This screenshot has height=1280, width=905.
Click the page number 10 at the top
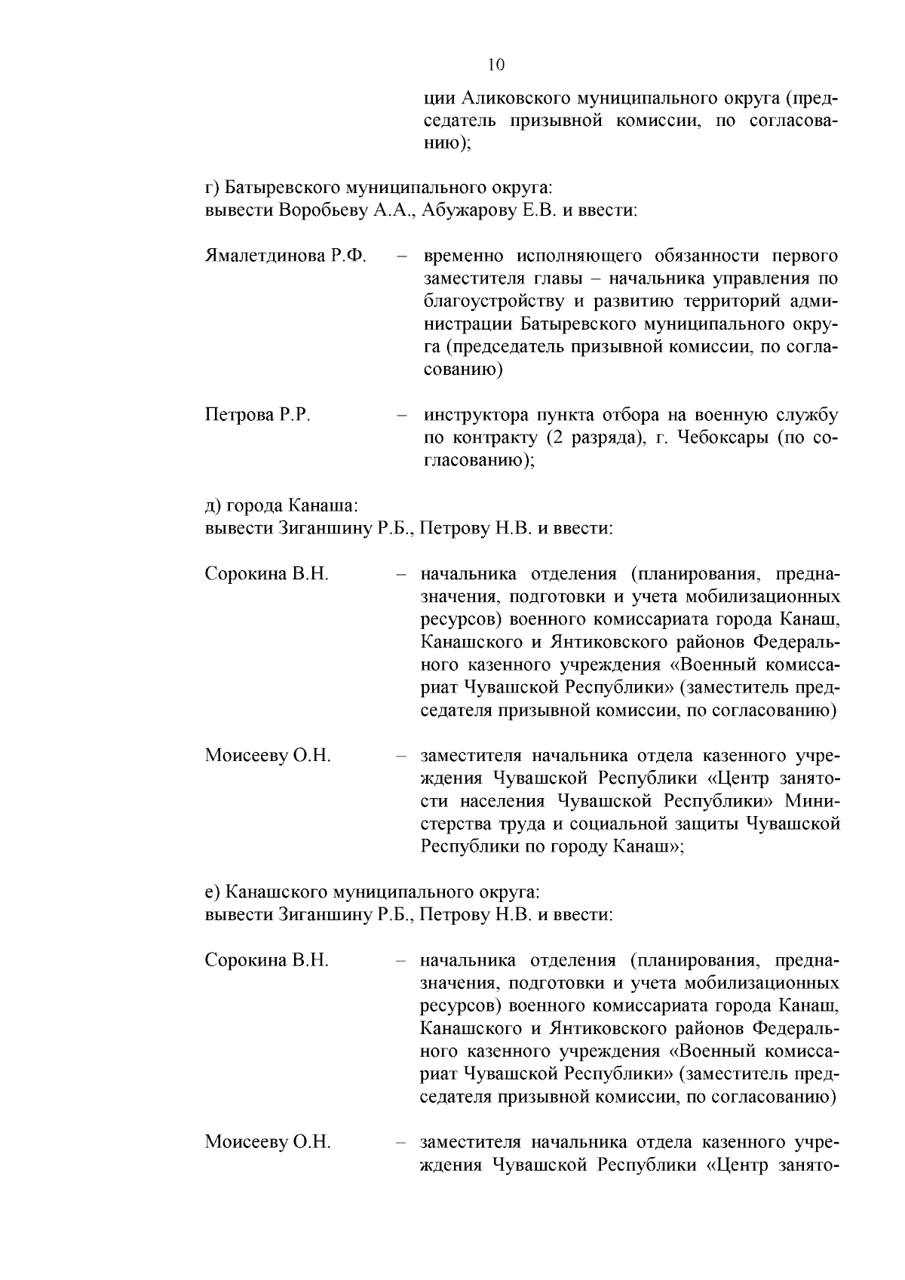pyautogui.click(x=495, y=65)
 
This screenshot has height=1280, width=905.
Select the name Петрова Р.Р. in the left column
pyautogui.click(x=258, y=415)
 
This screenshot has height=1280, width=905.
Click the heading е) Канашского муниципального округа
pyautogui.click(x=373, y=892)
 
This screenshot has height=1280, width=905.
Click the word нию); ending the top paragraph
pyautogui.click(x=446, y=144)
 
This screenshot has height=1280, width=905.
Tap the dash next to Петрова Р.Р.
pyautogui.click(x=403, y=415)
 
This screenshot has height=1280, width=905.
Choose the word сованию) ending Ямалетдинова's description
pyautogui.click(x=462, y=370)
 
